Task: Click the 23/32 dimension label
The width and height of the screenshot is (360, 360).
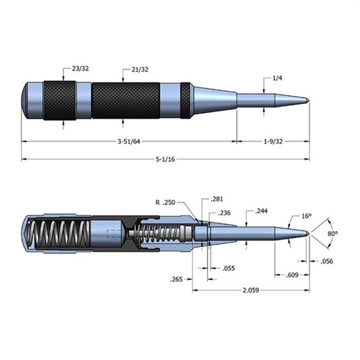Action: (80, 68)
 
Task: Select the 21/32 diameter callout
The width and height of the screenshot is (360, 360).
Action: (140, 69)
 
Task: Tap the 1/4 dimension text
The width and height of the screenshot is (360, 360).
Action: (277, 78)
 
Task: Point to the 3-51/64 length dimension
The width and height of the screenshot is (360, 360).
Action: (129, 141)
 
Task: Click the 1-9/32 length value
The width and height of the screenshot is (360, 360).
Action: (273, 141)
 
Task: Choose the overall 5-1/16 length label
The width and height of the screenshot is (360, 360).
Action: (165, 159)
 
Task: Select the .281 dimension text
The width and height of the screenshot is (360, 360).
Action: (217, 199)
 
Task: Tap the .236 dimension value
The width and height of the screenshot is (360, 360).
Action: (224, 213)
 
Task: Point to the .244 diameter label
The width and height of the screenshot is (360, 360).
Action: (261, 211)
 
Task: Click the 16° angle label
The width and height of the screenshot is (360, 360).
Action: (307, 216)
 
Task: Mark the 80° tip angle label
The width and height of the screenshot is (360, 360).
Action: (332, 233)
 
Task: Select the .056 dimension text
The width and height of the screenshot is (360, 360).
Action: (327, 261)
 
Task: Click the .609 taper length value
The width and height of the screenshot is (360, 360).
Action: (292, 275)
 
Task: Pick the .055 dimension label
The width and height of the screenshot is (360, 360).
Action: (228, 268)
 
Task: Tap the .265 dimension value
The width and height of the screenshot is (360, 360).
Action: (176, 279)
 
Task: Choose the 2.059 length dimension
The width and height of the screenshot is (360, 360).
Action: (251, 291)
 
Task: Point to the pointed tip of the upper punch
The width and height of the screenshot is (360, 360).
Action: (309, 100)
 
